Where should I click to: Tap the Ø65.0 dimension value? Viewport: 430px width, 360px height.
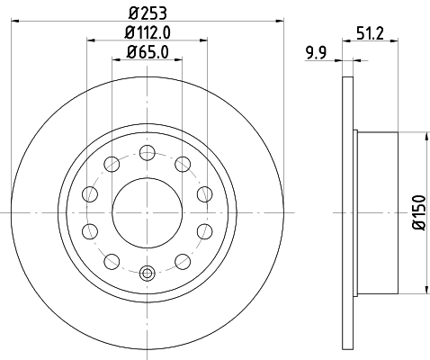coord(149,51)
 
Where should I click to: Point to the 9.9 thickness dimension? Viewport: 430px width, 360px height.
coord(317,53)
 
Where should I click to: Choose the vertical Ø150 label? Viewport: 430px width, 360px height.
coord(417,212)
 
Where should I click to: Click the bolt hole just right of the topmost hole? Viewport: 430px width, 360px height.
coord(183,163)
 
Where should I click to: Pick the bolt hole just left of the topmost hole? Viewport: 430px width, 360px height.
coord(112,163)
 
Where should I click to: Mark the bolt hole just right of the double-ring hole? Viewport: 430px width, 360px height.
coord(183,261)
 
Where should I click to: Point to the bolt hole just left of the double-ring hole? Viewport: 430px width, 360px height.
coord(112,261)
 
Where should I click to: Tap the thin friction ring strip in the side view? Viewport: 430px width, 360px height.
coord(349,212)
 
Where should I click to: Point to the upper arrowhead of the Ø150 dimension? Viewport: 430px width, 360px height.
coord(423,135)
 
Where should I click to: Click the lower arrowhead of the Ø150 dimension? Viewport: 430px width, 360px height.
coord(423,290)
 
